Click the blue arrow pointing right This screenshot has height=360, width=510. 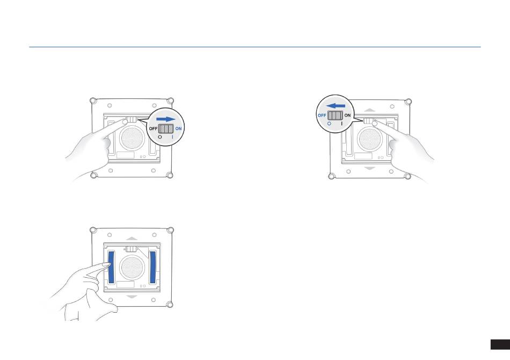pyautogui.click(x=165, y=119)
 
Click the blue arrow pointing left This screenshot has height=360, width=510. pyautogui.click(x=336, y=106)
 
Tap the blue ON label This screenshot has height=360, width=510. pyautogui.click(x=179, y=128)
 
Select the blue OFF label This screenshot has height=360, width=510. pyautogui.click(x=322, y=115)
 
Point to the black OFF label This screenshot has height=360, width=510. pyautogui.click(x=153, y=128)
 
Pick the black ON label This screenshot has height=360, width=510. pyautogui.click(x=347, y=115)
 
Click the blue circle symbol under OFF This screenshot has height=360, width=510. pyautogui.click(x=330, y=124)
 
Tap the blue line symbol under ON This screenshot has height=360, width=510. pyautogui.click(x=172, y=137)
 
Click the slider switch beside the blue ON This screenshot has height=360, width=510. pyautogui.click(x=166, y=128)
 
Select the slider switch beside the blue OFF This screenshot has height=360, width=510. pyautogui.click(x=335, y=116)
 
